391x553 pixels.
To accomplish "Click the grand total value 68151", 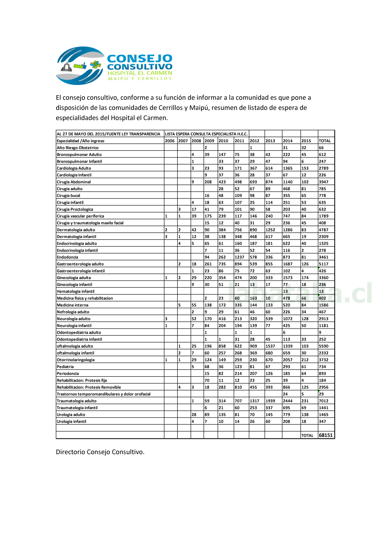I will (326, 435).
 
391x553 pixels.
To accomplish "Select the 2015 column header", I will (306, 141).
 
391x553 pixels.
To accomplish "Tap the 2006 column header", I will (170, 141).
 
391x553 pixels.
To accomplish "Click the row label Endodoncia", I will (68, 257).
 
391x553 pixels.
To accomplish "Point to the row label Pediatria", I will (65, 367).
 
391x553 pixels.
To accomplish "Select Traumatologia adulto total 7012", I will (323, 401).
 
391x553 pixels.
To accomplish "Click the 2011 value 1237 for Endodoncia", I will (239, 257).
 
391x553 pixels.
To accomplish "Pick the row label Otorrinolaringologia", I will (76, 360).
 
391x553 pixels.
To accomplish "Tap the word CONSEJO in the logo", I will (140, 58).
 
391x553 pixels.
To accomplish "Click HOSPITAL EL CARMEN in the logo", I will (140, 73).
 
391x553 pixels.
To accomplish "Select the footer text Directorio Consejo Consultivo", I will (100, 452).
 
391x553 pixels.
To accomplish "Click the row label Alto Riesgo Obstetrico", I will (78, 148).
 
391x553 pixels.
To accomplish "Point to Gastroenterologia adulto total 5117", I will (323, 264).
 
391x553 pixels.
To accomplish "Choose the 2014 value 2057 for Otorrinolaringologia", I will (288, 360).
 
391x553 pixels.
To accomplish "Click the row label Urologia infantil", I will (71, 421).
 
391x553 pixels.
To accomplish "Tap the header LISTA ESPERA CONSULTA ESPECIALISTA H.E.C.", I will (206, 134).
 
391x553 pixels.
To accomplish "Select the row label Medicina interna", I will (73, 305).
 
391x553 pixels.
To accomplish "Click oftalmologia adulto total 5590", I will (323, 346).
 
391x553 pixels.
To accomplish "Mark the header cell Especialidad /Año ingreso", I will (81, 141).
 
